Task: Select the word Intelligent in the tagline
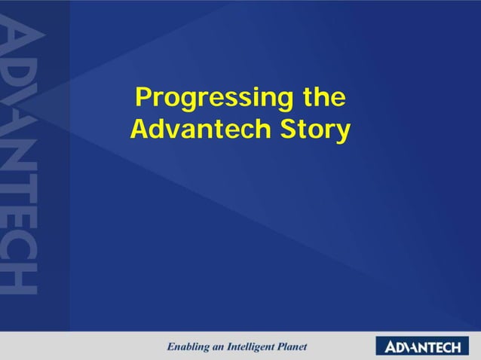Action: click(253, 347)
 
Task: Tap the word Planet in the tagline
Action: click(293, 347)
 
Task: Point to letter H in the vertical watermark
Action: click(18, 276)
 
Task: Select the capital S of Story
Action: click(290, 130)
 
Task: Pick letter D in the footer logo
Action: click(402, 347)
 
